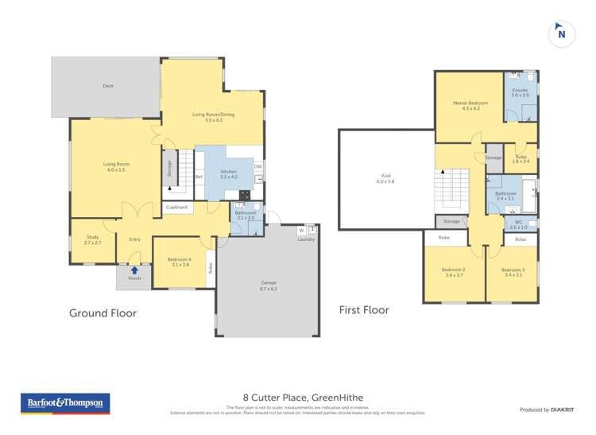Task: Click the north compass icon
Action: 561,33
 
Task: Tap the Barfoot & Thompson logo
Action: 65,403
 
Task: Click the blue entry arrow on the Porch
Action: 134,270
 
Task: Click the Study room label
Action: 92,239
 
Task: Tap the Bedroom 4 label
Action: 180,261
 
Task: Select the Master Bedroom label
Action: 466,105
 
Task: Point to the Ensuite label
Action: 520,91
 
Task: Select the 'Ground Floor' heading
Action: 103,313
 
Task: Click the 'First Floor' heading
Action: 364,309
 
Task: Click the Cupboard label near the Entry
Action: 177,208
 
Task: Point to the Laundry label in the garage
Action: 306,239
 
